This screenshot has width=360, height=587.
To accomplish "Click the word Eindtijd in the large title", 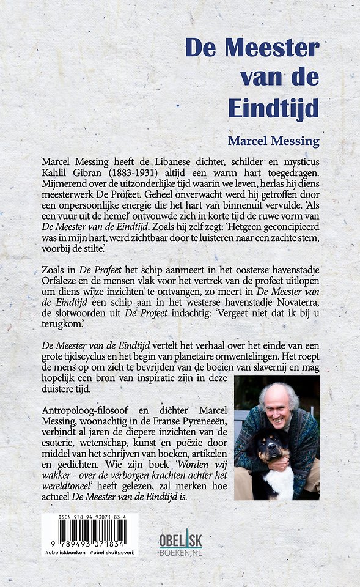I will coord(273,108).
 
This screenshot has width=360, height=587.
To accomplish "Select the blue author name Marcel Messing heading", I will coord(273,141).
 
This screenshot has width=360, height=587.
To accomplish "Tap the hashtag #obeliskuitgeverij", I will coord(112,552).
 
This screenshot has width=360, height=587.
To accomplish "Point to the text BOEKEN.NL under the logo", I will coord(180,552).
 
